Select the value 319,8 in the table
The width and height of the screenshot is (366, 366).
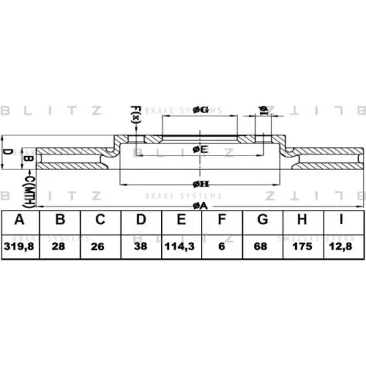20,246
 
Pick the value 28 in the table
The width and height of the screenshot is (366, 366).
60,246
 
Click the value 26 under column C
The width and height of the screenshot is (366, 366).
100,246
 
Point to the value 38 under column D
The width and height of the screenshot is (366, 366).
141,246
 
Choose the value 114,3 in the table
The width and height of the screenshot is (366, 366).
181,246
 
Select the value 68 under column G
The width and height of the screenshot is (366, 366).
262,246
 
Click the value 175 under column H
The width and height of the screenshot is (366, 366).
303,246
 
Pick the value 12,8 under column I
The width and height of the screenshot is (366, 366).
343,246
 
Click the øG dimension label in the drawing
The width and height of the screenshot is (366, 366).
200,110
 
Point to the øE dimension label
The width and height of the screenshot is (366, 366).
200,149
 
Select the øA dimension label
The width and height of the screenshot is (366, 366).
200,206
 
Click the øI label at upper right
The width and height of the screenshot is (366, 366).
264,110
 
